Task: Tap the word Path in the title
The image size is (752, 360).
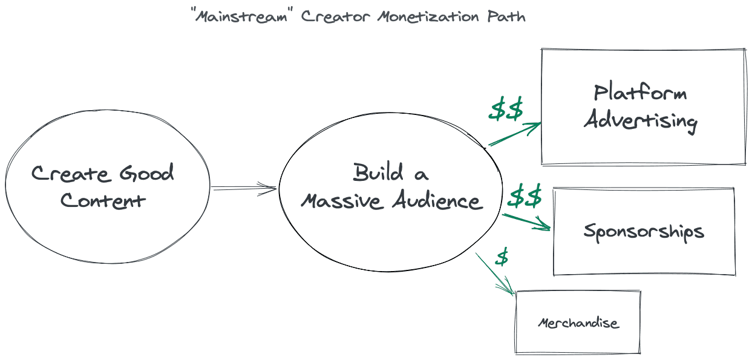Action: pyautogui.click(x=507, y=16)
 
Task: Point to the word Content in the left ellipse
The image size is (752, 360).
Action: pyautogui.click(x=103, y=200)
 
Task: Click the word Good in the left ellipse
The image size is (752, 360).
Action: pyautogui.click(x=146, y=174)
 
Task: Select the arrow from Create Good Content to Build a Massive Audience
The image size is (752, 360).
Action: pyautogui.click(x=244, y=189)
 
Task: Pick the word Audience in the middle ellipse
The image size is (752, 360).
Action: pyautogui.click(x=439, y=201)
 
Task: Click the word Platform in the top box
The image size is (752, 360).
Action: pyautogui.click(x=641, y=93)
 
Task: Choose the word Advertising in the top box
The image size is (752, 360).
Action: pyautogui.click(x=641, y=120)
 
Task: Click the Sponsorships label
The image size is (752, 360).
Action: pyautogui.click(x=644, y=232)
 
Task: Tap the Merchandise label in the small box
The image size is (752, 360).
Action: pyautogui.click(x=578, y=322)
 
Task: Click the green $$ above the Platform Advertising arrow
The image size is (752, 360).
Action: pyautogui.click(x=506, y=110)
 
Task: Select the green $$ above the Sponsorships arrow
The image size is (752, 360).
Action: pyautogui.click(x=525, y=197)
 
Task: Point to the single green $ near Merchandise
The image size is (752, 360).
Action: pyautogui.click(x=502, y=257)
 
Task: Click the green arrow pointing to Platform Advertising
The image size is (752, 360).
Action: pyautogui.click(x=515, y=134)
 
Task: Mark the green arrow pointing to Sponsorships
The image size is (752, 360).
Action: pyautogui.click(x=526, y=221)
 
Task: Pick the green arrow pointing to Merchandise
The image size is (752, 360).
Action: pyautogui.click(x=495, y=273)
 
